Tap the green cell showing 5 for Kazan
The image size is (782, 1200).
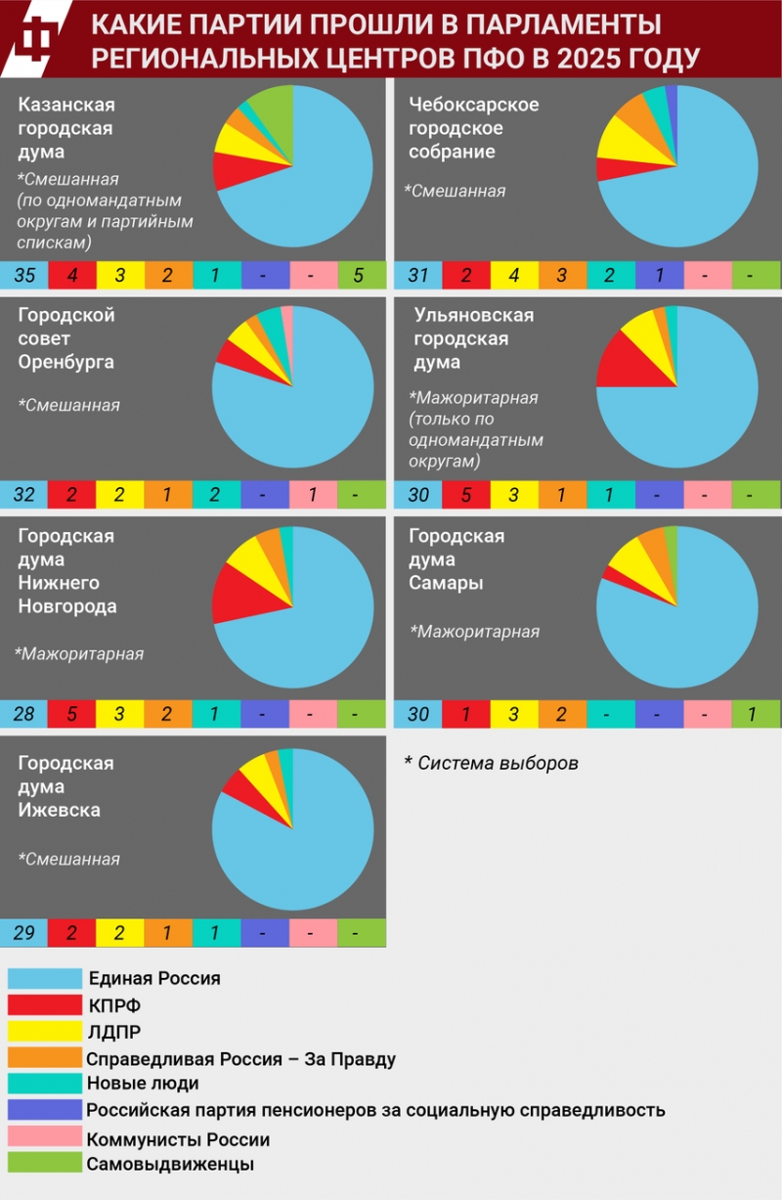tap(361, 275)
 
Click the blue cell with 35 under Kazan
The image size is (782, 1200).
tap(24, 275)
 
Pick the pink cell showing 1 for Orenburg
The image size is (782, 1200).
tap(313, 495)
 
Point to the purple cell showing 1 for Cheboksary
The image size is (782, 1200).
tap(659, 275)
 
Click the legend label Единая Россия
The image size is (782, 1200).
tap(154, 978)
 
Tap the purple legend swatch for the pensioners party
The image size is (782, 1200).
tap(44, 1110)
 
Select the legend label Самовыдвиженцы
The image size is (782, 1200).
tap(170, 1164)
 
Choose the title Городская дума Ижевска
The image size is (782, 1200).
tap(66, 786)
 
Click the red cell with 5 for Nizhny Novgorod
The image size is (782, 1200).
tap(71, 714)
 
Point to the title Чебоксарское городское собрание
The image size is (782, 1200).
tap(473, 128)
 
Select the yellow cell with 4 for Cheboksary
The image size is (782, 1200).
tap(514, 275)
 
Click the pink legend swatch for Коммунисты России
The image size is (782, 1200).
tap(44, 1136)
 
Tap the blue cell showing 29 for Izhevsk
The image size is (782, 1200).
tap(24, 933)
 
